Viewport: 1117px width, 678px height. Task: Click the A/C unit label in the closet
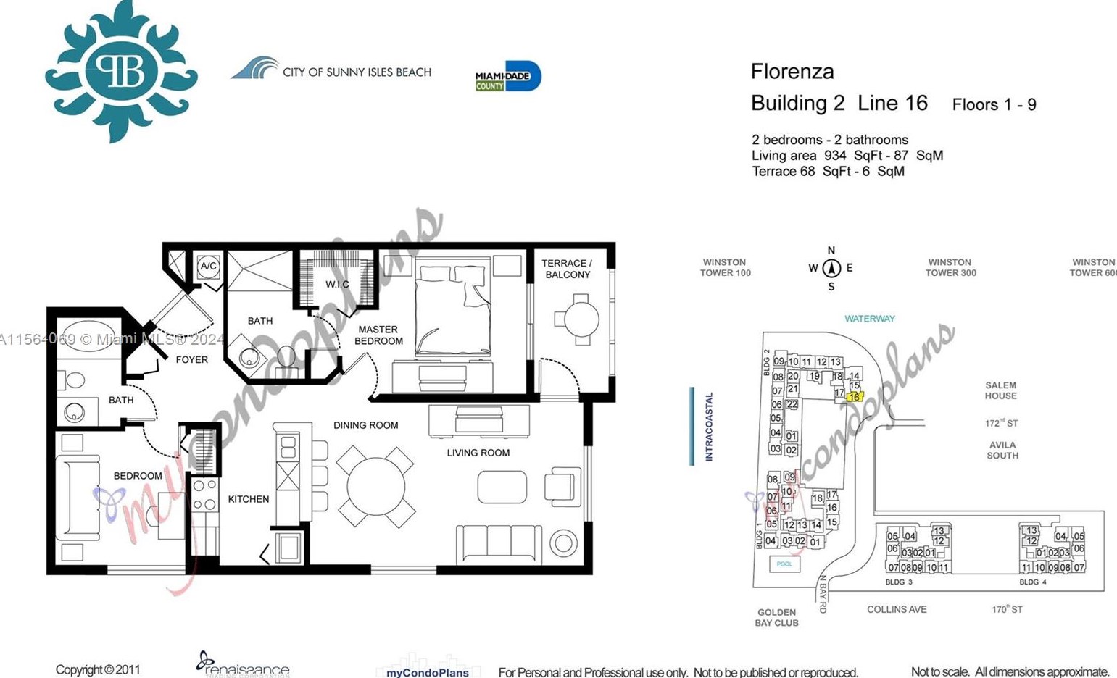208,267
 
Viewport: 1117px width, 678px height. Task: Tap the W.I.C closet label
337,285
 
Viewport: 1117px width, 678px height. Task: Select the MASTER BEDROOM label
378,335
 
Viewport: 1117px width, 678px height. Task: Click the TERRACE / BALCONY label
567,269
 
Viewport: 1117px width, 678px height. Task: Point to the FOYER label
191,360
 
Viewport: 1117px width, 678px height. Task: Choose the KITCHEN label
249,499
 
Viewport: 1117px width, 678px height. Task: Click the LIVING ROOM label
478,453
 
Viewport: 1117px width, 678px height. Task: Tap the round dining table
375,486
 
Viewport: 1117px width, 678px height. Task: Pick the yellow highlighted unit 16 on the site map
854,397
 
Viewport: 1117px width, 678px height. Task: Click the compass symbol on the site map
831,268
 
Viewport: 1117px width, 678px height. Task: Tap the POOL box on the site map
784,564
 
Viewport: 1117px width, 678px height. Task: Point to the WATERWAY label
869,319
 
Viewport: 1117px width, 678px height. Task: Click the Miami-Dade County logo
508,76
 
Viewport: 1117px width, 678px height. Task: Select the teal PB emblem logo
121,70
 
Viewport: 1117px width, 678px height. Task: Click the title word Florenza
792,72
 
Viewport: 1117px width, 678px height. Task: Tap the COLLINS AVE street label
897,609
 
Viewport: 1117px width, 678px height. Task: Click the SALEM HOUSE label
1000,390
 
